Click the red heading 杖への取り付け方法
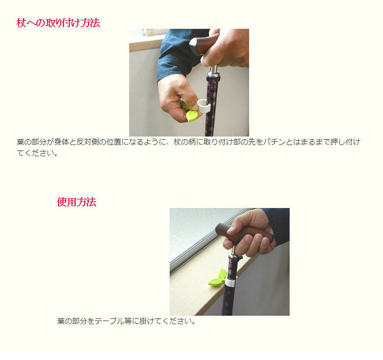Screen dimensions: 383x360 coord(58,23)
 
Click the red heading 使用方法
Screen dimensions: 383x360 coord(77,202)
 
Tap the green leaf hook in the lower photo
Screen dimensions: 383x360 coord(218,278)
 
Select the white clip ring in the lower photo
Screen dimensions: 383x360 coord(230,282)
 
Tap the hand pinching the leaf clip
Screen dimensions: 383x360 coord(177,98)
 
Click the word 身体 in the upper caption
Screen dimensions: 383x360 coord(61,142)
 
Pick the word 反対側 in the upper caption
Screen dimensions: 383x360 coord(87,142)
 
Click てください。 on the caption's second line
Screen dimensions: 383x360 coord(38,153)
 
